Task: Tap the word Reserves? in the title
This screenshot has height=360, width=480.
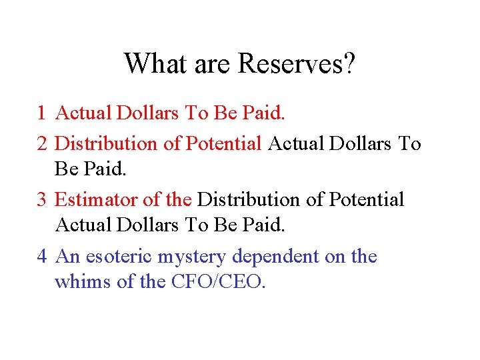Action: [x=297, y=64]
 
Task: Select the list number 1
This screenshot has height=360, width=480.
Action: [x=41, y=114]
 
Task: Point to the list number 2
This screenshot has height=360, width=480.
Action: [x=41, y=143]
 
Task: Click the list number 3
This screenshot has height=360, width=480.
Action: [x=41, y=200]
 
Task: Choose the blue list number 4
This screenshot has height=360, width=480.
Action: [x=41, y=257]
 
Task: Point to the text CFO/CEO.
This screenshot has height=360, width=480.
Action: [x=218, y=282]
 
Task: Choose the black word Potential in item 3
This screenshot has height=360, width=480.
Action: [x=367, y=200]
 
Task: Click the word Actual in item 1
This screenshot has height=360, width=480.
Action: [x=84, y=114]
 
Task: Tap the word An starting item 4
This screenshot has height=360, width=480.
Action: [x=67, y=257]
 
